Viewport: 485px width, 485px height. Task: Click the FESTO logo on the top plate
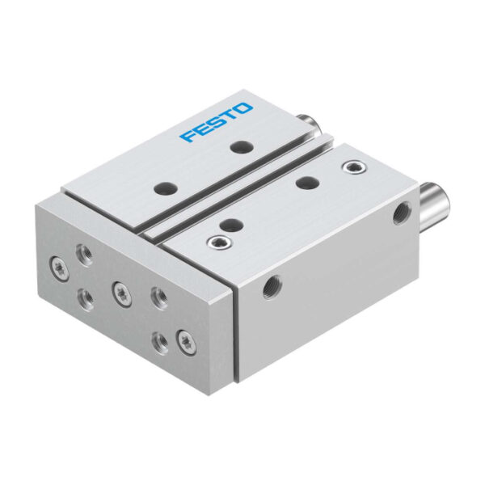click(217, 123)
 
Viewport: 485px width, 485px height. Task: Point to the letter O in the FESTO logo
click(243, 109)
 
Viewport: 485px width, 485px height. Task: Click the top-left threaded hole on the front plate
click(85, 255)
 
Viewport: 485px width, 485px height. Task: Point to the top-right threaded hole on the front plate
click(159, 298)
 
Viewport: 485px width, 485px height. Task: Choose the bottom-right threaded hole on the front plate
click(160, 343)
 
